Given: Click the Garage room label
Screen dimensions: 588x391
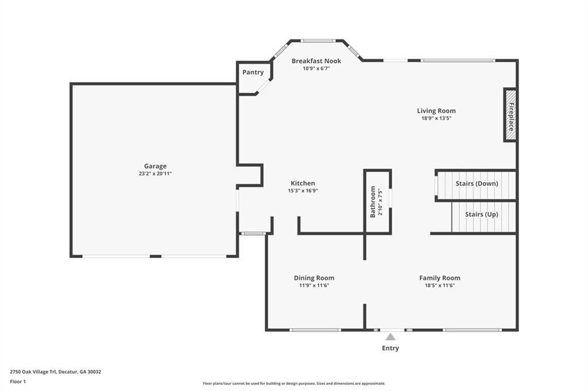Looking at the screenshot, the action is tap(155, 166).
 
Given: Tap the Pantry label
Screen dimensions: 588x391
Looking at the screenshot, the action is tap(253, 72).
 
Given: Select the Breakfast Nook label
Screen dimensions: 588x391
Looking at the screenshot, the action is tap(316, 61).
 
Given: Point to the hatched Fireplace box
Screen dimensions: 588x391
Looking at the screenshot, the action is tap(510, 115).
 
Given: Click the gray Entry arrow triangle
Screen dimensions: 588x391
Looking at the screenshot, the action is tap(390, 337).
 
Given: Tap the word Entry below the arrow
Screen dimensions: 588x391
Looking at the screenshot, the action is tap(390, 348).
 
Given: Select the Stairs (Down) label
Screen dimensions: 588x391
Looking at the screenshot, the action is tap(477, 183).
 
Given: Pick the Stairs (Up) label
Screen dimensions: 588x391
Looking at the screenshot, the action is tap(482, 214).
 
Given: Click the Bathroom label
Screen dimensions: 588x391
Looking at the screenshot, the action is tap(373, 202).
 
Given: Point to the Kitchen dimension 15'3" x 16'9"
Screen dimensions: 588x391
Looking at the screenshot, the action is tap(303, 191).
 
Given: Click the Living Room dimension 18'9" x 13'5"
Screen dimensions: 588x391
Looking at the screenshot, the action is tap(436, 118).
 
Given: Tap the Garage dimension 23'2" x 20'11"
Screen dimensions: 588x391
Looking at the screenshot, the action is tap(155, 173).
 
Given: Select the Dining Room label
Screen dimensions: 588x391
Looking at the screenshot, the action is tap(314, 278).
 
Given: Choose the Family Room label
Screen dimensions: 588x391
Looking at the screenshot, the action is tap(439, 278).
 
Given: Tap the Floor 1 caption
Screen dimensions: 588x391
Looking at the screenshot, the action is tap(18, 382).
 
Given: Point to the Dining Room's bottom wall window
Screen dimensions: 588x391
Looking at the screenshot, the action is tap(315, 330).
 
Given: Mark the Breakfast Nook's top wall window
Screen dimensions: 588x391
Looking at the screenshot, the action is tap(318, 41).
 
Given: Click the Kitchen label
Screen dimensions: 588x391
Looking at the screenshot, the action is tap(303, 183).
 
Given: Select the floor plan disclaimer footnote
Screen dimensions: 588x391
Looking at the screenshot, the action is tap(294, 384).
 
